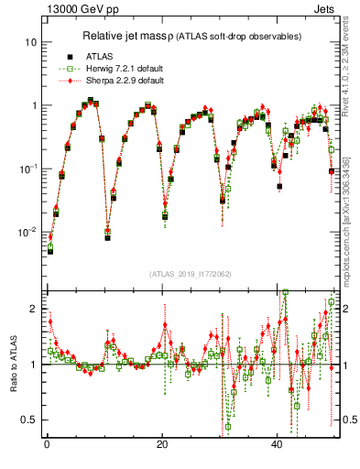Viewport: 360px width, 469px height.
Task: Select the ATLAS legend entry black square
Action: pos(70,54)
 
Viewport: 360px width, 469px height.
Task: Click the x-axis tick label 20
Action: pos(161,444)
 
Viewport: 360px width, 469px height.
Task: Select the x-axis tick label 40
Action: pos(277,444)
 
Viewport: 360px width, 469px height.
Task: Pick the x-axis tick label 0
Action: pos(46,444)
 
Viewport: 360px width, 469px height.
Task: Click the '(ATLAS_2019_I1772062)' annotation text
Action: pos(190,273)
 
